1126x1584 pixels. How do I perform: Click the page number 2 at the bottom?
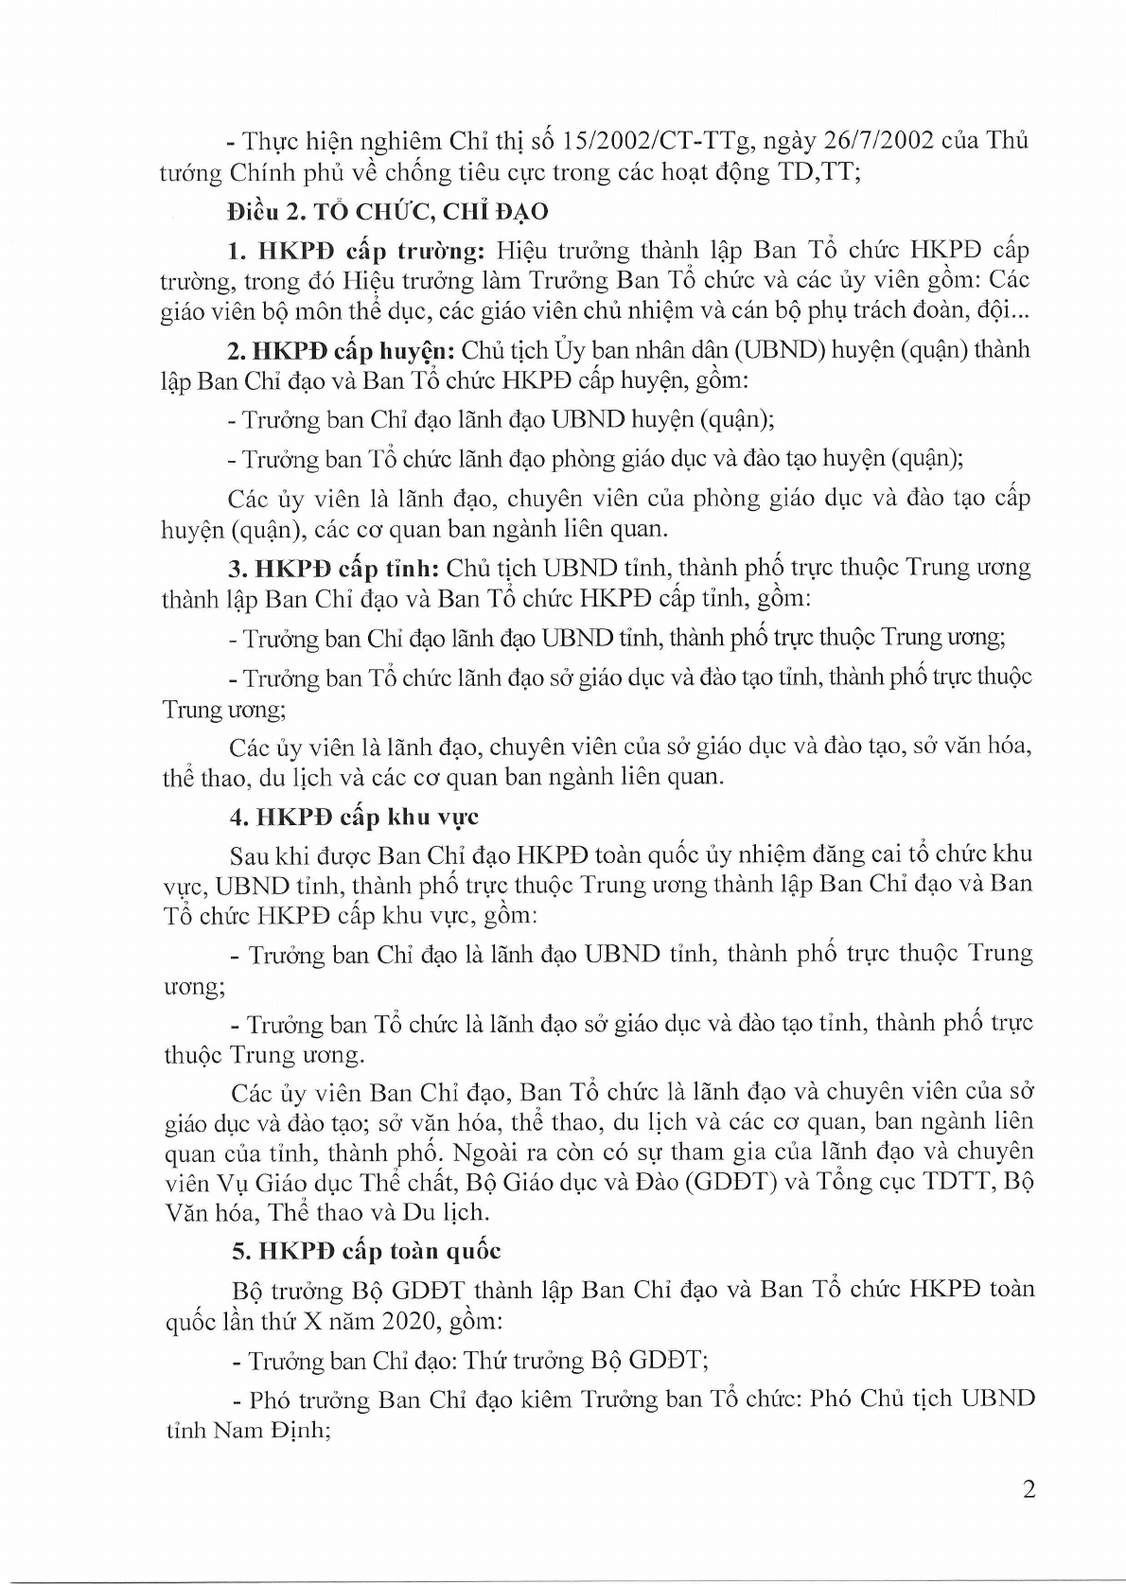tap(1029, 1489)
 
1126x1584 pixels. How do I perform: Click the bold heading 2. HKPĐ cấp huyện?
tap(343, 350)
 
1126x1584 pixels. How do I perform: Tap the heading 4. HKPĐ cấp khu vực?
tap(356, 817)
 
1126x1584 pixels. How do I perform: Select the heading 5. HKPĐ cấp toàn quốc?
tap(366, 1251)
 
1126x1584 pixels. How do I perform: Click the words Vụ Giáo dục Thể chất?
tap(320, 1182)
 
